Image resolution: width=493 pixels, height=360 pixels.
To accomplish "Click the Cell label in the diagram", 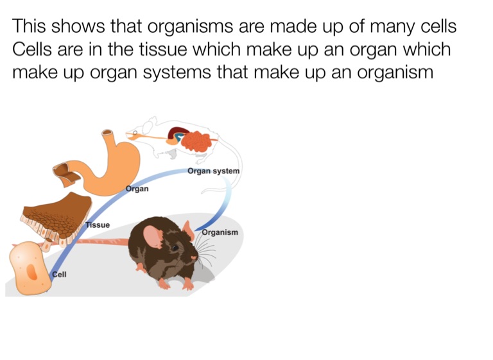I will pos(59,274).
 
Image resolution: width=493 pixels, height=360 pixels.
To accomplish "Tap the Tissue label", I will pos(98,225).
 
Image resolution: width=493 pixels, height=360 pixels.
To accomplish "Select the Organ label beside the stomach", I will pos(137,189).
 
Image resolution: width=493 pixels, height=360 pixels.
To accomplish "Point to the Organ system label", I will pos(213,171).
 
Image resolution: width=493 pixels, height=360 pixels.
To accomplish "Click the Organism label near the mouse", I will pos(220,232).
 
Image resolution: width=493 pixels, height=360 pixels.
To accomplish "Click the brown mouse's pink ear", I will pos(153,236).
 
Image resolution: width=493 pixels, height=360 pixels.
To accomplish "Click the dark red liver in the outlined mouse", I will pos(177,135).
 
